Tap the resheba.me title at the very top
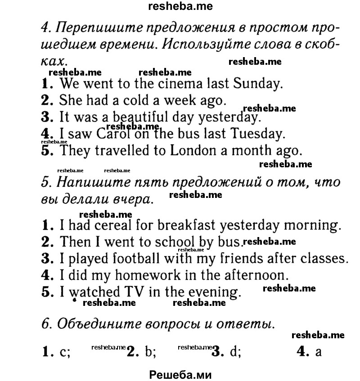click(x=180, y=6)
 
